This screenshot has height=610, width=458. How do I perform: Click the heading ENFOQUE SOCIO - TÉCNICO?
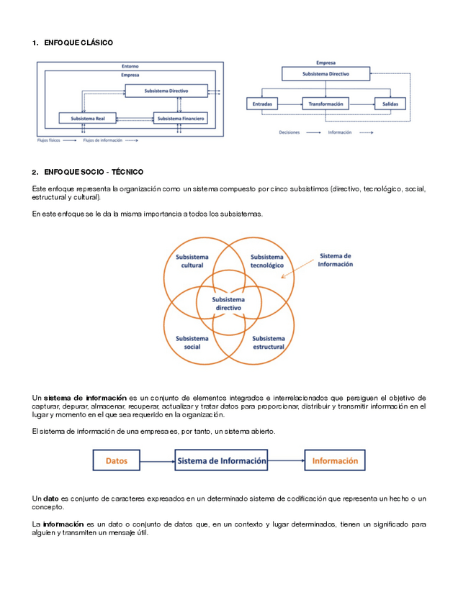pyautogui.click(x=93, y=172)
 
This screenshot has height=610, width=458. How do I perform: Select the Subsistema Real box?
pyautogui.click(x=89, y=118)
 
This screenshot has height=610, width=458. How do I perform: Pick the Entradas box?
pyautogui.click(x=263, y=104)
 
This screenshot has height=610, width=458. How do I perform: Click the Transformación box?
pyautogui.click(x=325, y=104)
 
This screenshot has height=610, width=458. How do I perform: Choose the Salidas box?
pyautogui.click(x=390, y=104)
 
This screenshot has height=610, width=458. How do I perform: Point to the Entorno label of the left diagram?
pyautogui.click(x=130, y=66)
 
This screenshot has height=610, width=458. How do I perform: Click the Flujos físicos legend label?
pyautogui.click(x=48, y=141)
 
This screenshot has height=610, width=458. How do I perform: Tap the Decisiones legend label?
pyautogui.click(x=289, y=133)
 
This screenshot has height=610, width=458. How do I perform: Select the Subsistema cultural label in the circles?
pyautogui.click(x=192, y=261)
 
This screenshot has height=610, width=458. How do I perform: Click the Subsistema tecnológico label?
pyautogui.click(x=267, y=261)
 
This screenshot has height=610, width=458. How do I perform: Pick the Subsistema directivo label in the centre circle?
pyautogui.click(x=228, y=304)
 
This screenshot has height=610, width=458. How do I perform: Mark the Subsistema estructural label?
pyautogui.click(x=269, y=342)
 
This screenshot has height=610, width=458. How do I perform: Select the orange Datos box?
pyautogui.click(x=117, y=460)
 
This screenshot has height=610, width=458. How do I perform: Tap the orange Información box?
pyautogui.click(x=335, y=460)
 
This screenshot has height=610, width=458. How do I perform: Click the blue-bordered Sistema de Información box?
pyautogui.click(x=222, y=460)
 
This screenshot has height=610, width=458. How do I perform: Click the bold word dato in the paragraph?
pyautogui.click(x=51, y=499)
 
